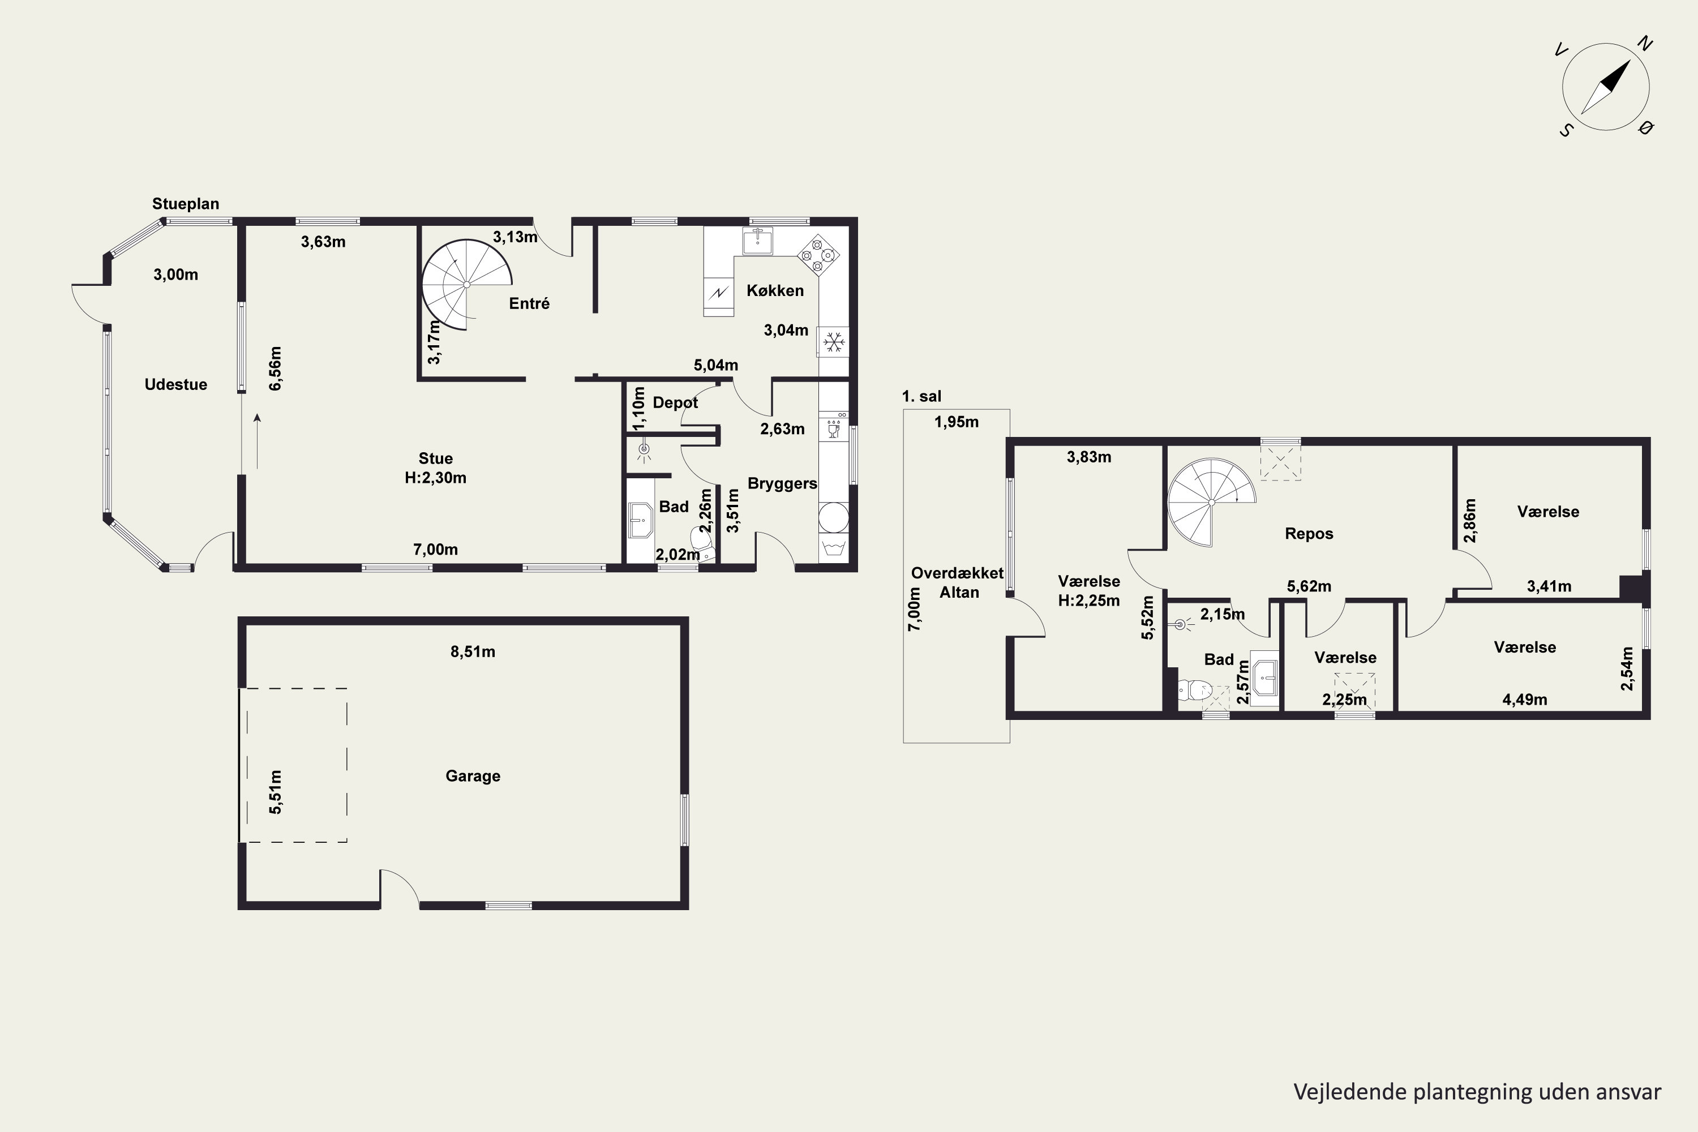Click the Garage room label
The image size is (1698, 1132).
pos(473,776)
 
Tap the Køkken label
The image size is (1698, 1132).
pos(775,290)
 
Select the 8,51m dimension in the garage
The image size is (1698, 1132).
pos(473,652)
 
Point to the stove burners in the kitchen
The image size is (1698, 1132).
pos(818,255)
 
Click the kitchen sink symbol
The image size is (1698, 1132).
pos(758,241)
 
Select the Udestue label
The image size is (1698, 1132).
pos(175,385)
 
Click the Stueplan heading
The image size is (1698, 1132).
pos(186,204)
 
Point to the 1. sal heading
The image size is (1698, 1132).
pos(922,396)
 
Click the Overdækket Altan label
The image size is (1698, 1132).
pos(957,582)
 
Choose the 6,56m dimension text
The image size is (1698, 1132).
pos(275,369)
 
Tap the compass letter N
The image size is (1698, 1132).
pos(1645,45)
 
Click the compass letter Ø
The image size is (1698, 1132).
pos(1646,128)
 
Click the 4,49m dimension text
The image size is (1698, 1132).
pos(1525,700)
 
